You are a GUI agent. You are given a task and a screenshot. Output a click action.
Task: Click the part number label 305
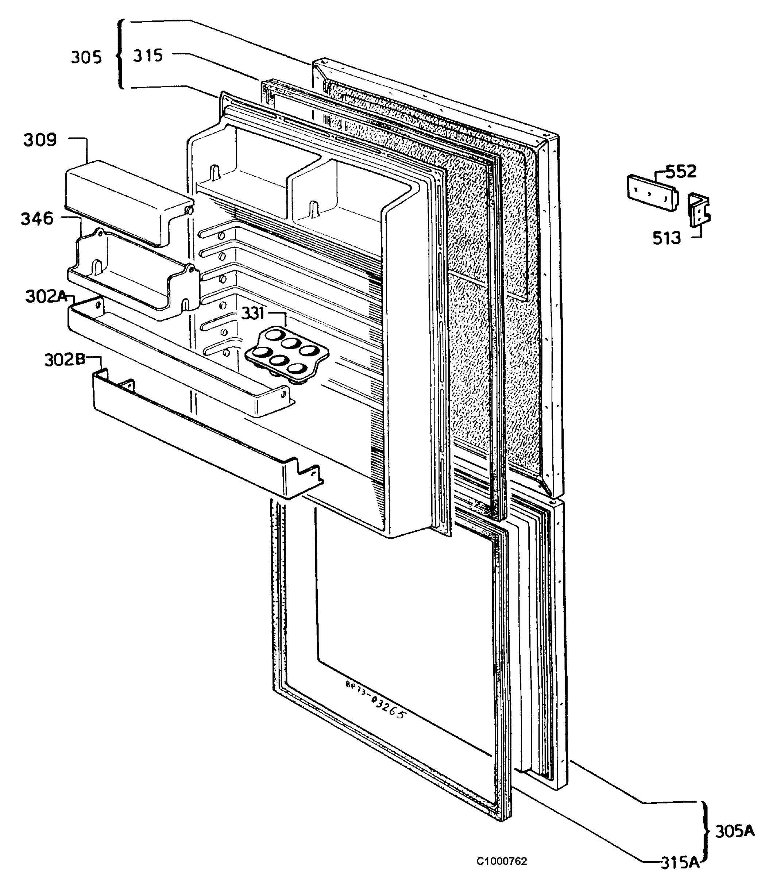click(86, 57)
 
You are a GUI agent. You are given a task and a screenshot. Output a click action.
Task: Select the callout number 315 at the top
click(148, 55)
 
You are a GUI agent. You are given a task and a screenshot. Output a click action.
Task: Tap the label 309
click(40, 140)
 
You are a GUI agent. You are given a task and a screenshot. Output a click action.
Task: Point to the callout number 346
click(37, 219)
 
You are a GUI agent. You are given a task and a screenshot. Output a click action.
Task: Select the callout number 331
click(253, 314)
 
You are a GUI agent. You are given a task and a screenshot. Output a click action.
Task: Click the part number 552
click(681, 172)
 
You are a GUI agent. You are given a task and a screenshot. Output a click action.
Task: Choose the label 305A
click(735, 831)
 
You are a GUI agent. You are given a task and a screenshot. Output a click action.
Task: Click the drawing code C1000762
click(502, 861)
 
